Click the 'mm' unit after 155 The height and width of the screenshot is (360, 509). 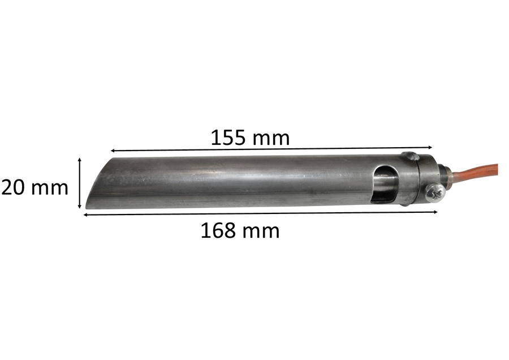click(271, 139)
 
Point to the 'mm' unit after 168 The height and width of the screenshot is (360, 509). click(260, 232)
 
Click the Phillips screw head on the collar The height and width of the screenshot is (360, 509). click(435, 192)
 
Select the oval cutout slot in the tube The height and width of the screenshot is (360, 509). click(385, 185)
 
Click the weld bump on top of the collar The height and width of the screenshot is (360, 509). click(411, 156)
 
